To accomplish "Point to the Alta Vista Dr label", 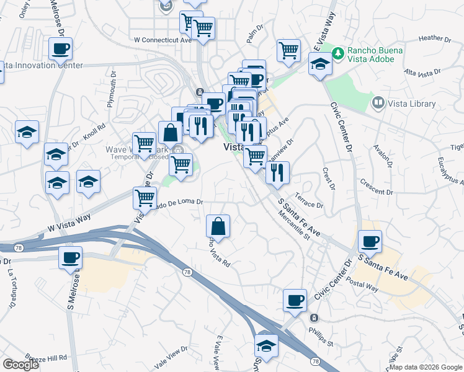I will coord(422,73).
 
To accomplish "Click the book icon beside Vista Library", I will coord(378,102).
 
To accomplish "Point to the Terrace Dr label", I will coord(309,201).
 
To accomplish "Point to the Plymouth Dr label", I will coord(112,89).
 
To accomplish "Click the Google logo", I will coord(20,365).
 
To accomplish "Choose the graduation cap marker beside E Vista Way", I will coord(320,64).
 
